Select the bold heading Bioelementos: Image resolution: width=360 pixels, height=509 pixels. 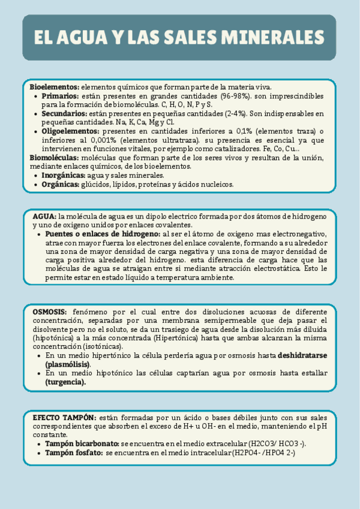click(54, 87)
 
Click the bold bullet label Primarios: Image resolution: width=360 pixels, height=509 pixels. click(60, 96)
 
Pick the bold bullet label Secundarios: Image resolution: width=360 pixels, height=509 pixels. click(64, 113)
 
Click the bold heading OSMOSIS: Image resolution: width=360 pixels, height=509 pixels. click(50, 312)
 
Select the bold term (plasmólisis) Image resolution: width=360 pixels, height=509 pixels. click(67, 364)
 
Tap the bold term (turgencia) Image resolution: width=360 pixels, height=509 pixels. click(65, 382)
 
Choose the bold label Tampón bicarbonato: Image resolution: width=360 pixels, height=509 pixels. click(82, 443)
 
